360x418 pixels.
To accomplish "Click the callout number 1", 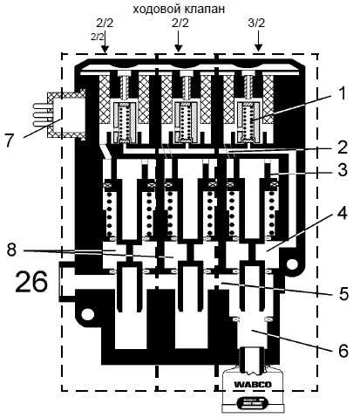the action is pos(343,94).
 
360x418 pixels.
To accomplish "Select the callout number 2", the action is pos(343,147).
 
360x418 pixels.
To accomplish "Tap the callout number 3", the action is pos(343,170).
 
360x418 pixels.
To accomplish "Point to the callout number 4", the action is pos(342,213).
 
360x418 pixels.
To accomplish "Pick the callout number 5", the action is pos(343,293).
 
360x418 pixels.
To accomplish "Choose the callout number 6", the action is pos(343,351).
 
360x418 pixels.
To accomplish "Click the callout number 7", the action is pos(10,141).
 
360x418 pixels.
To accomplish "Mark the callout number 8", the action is pos(11,250).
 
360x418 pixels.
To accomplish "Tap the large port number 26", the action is pos(31,282).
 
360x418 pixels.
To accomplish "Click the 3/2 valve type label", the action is pos(256,23).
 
